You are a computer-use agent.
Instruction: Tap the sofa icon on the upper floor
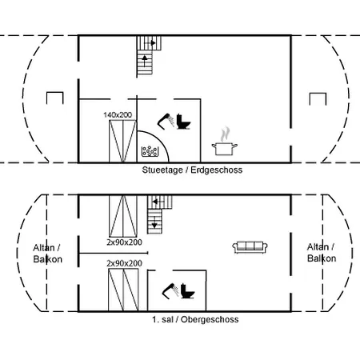[250, 247]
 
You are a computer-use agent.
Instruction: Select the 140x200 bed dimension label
[118, 115]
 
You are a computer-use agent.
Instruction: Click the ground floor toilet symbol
[184, 122]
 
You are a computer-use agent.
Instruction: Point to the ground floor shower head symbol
[166, 121]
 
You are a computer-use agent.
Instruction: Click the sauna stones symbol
[150, 151]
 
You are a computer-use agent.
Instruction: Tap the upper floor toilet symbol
[188, 291]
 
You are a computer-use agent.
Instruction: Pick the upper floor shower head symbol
[170, 290]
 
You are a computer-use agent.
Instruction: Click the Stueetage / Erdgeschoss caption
[192, 170]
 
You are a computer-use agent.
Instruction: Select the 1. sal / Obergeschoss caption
[195, 319]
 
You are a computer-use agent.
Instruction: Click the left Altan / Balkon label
[47, 254]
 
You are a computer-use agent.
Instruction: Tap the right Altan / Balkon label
[322, 253]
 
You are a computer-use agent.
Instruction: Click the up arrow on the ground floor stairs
[145, 61]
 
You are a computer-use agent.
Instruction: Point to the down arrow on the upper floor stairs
[154, 222]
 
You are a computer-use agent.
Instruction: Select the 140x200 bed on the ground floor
[123, 141]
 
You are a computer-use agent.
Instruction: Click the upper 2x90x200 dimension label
[124, 242]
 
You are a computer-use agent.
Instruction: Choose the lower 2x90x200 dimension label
[124, 263]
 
